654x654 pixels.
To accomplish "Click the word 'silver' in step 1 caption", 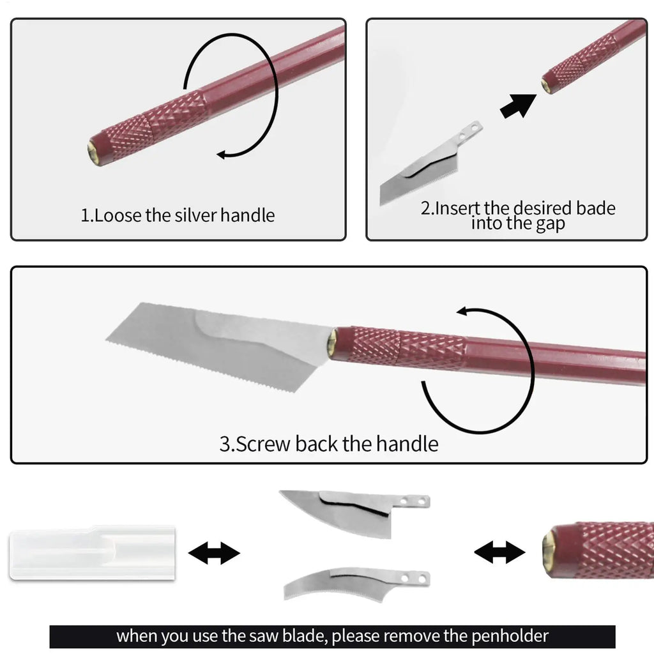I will pyautogui.click(x=192, y=215).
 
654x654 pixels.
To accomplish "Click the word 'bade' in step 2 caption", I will pyautogui.click(x=594, y=208).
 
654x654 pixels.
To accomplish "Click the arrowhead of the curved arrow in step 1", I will pyautogui.click(x=222, y=153).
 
